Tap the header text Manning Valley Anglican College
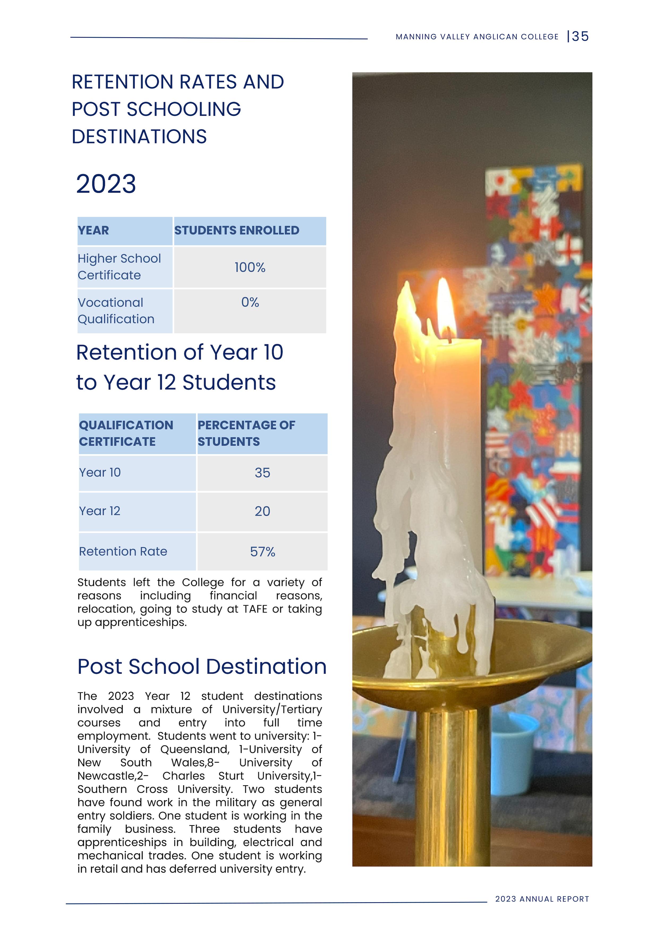point(477,37)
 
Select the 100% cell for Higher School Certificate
point(250,267)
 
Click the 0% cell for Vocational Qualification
point(250,302)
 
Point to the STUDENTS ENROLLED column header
point(237,231)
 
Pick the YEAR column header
point(93,231)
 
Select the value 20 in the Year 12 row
point(262,511)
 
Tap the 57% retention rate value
point(262,551)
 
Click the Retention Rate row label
point(123,551)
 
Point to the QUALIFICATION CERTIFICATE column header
point(126,433)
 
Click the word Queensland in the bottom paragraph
point(194,749)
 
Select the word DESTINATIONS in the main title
point(139,137)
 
